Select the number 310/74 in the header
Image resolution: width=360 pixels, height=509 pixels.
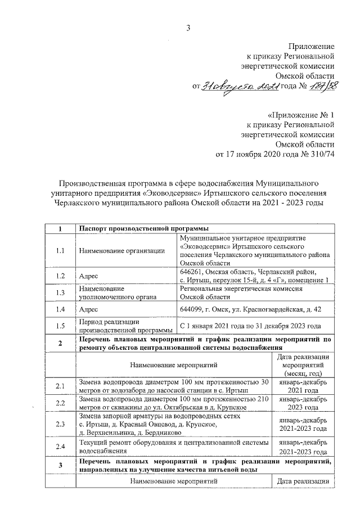point(319,155)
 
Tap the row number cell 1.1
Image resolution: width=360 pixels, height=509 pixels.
point(60,250)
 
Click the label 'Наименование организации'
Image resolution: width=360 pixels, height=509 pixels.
point(121,251)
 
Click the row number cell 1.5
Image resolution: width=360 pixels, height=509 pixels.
point(60,326)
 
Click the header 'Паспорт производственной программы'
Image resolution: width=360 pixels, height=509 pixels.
point(144,228)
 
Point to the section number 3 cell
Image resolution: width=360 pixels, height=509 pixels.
point(60,465)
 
